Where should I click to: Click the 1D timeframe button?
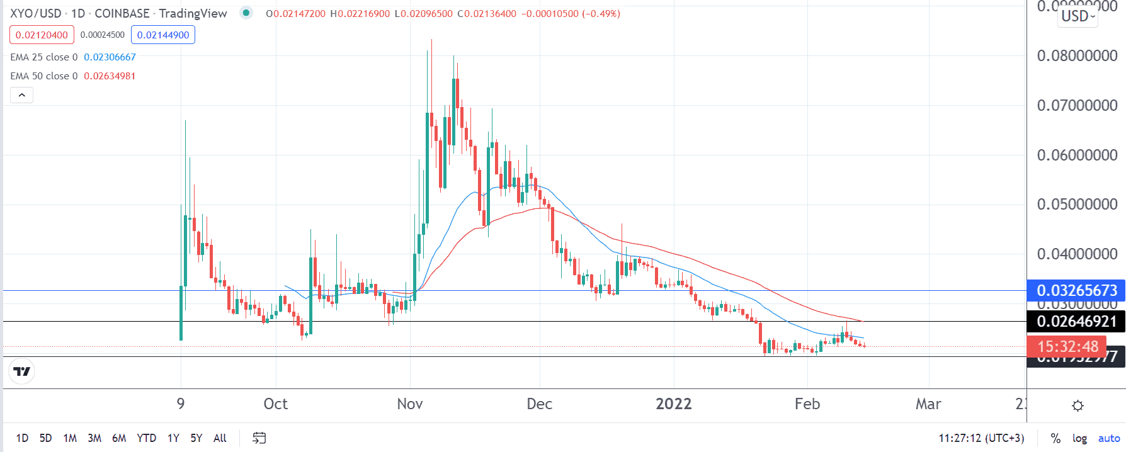(x=22, y=438)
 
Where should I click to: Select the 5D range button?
(x=46, y=438)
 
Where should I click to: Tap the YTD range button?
(x=146, y=438)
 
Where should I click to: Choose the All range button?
(x=220, y=438)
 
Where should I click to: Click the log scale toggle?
(x=1079, y=438)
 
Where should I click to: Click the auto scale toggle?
(x=1109, y=438)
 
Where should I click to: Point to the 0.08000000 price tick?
(x=1077, y=56)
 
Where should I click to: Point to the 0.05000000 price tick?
(x=1077, y=205)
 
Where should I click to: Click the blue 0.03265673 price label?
(x=1076, y=290)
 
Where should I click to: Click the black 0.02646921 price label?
(x=1076, y=322)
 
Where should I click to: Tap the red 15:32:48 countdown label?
(x=1067, y=346)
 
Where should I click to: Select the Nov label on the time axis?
(x=410, y=404)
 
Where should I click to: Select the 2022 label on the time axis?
(x=674, y=404)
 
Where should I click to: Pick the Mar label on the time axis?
(x=928, y=404)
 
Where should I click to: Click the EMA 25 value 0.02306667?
(x=110, y=57)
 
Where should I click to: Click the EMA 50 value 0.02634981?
(x=110, y=76)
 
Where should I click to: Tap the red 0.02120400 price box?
(x=42, y=35)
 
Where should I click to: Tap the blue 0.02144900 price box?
(x=163, y=35)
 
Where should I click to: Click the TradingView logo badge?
(x=22, y=371)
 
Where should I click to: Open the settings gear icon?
(x=1078, y=405)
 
